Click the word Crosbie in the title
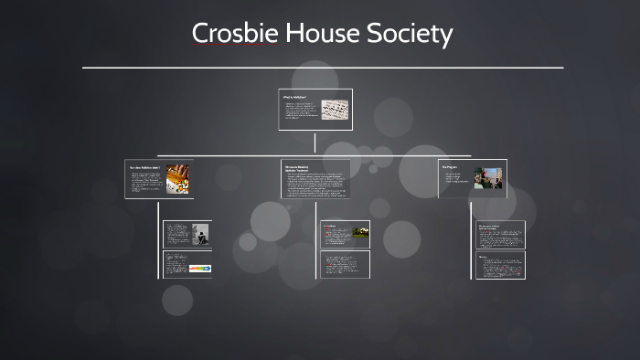point(235,34)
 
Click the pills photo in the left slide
point(176,177)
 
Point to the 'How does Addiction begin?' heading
point(144,167)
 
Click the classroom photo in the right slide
point(489,177)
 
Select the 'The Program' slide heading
point(450,167)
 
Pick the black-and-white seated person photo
point(200,234)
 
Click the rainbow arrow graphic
point(199,268)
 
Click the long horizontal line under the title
point(322,68)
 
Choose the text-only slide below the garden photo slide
point(346,264)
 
